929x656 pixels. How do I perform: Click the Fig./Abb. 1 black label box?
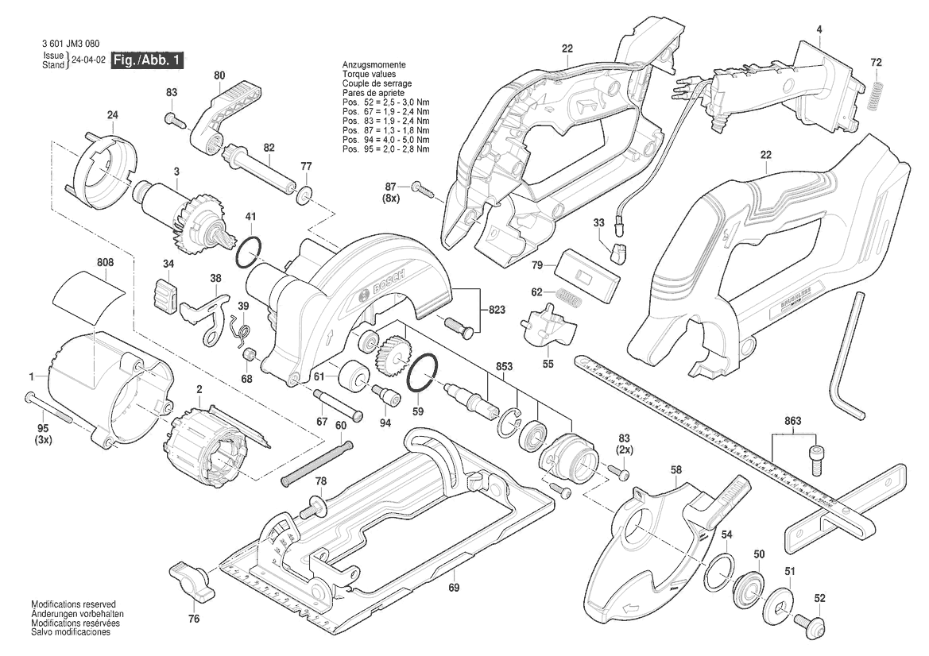pos(148,60)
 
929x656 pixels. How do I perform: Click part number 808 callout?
pos(105,261)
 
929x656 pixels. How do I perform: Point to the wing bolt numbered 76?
pos(192,582)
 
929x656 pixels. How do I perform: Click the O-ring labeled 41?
pos(248,252)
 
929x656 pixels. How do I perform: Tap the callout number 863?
pos(792,420)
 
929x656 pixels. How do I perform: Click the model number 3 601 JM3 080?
pos(70,44)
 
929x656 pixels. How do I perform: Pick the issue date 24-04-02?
pos(88,60)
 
